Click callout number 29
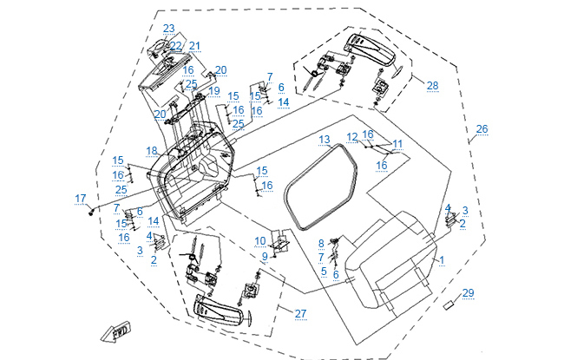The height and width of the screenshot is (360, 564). pos(468,292)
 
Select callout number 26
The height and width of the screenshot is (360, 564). pos(482,129)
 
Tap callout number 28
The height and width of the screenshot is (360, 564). pos(432,84)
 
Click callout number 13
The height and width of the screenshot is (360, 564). pos(324,139)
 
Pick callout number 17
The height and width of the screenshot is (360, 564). pos(81,199)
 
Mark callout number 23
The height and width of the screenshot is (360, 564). pos(167,28)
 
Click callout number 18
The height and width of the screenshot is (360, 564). pos(152,150)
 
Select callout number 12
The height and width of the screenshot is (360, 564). pos(351,136)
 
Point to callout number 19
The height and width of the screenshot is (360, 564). pos(213,90)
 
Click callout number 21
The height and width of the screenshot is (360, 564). pos(194,46)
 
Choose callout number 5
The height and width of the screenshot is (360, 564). pos(323,271)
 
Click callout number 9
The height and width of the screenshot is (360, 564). pos(265,256)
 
